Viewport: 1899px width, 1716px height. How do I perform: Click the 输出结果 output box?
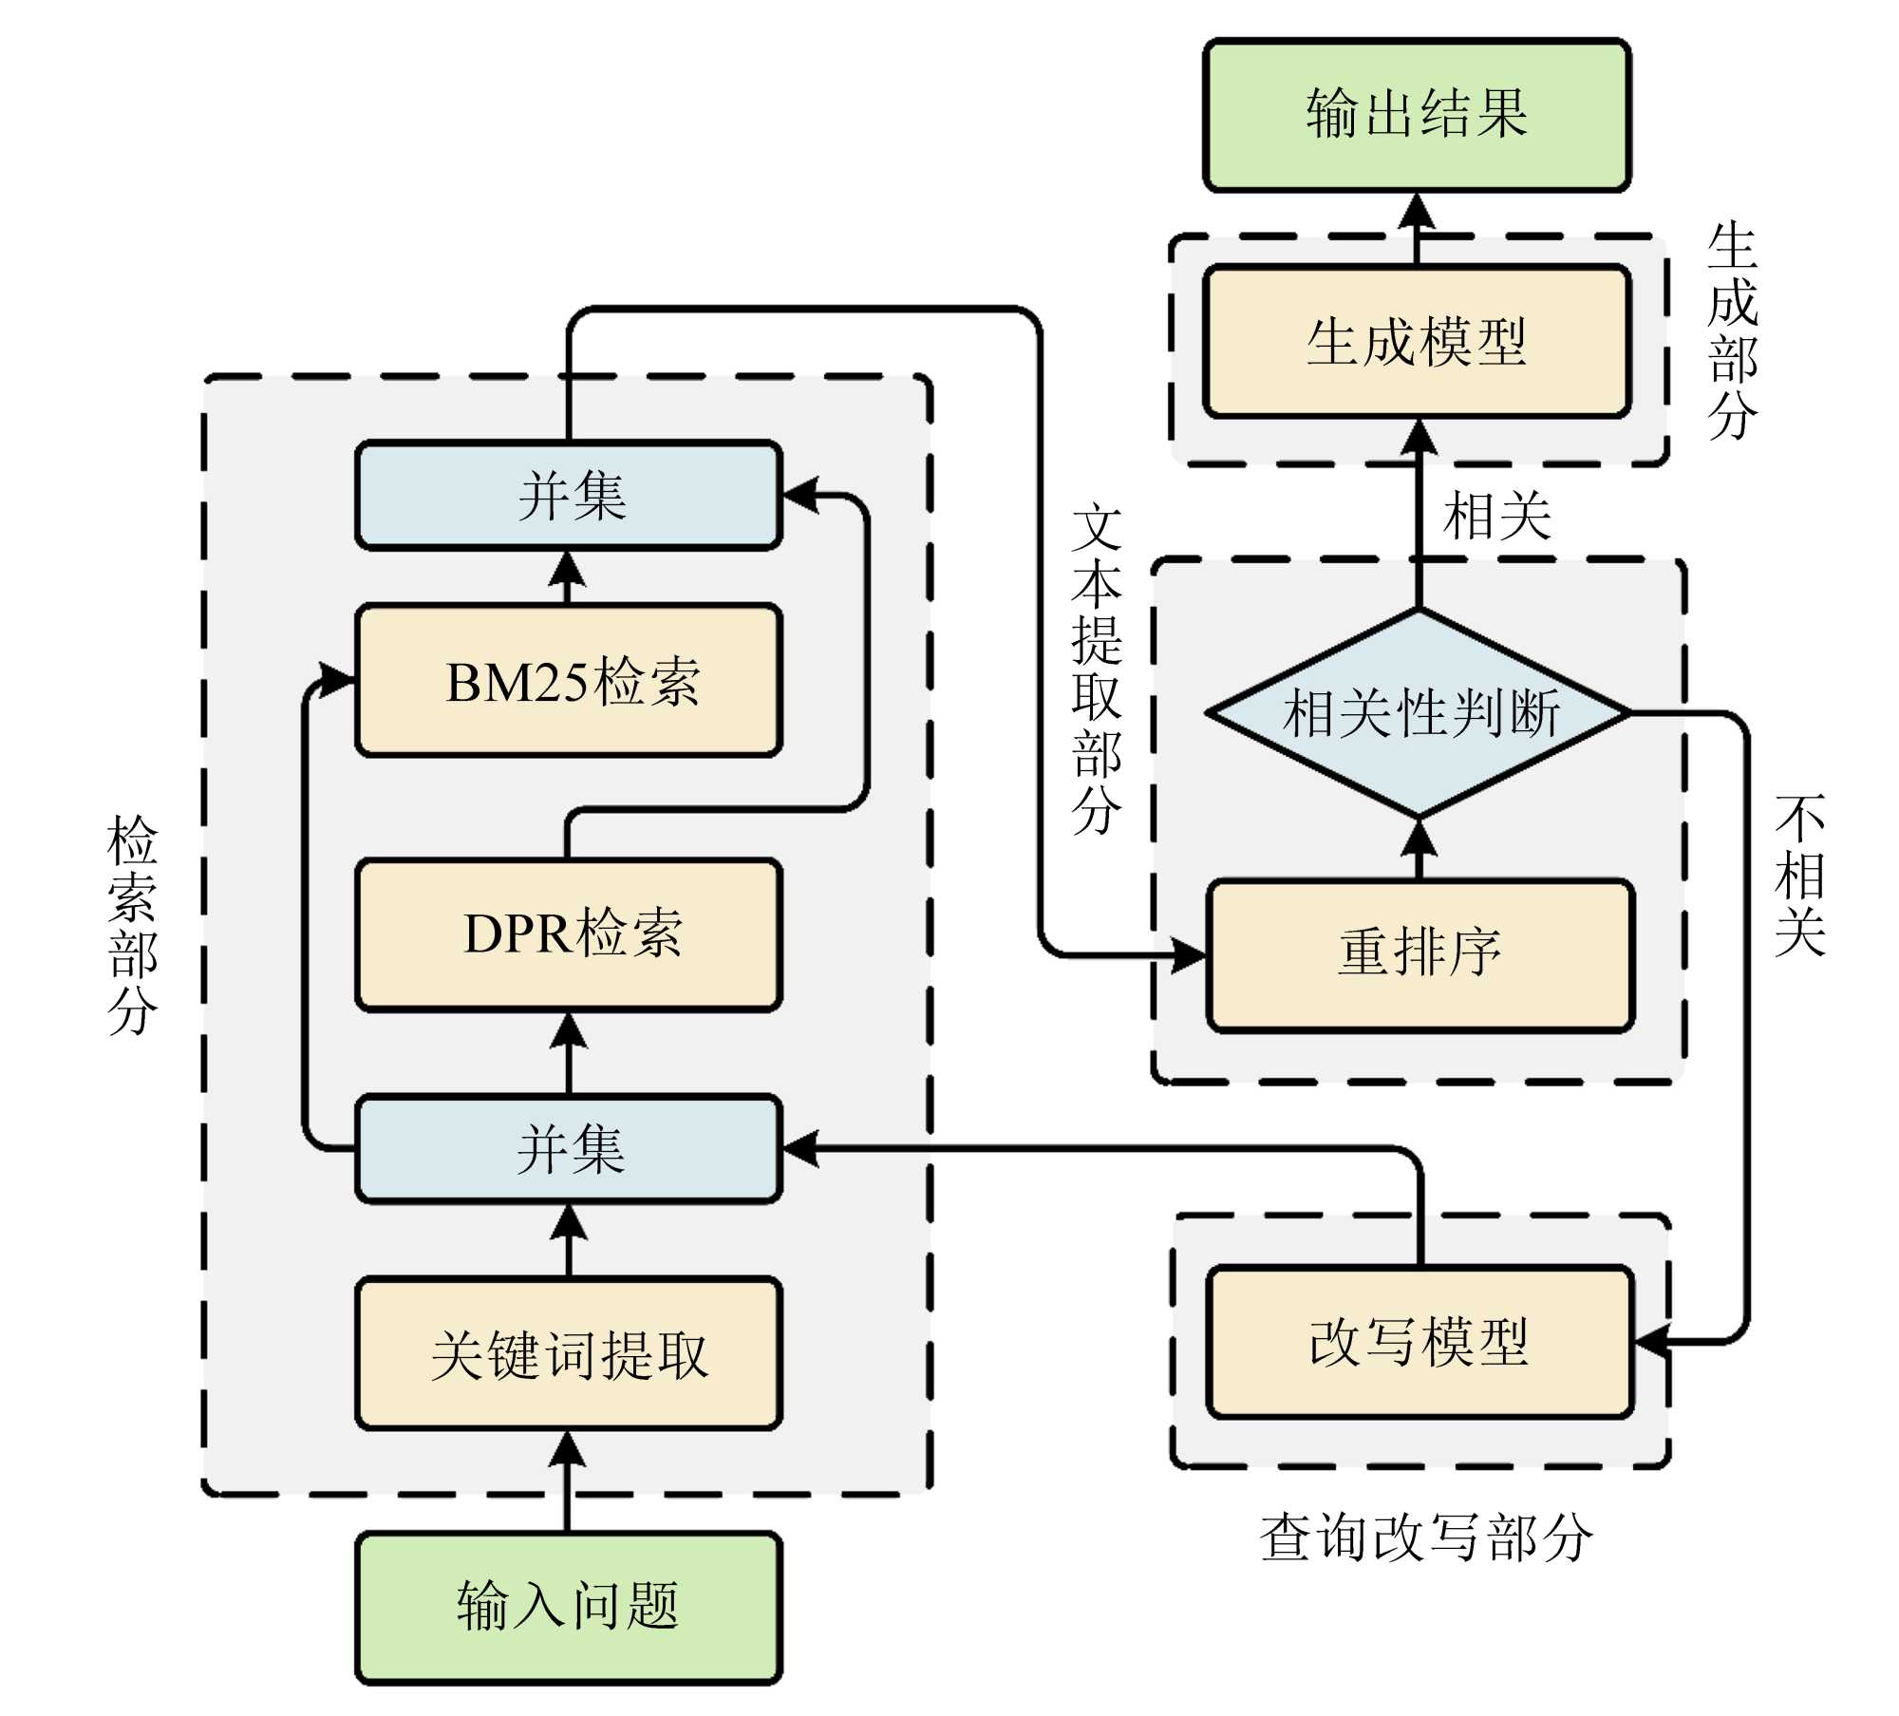coord(1417,115)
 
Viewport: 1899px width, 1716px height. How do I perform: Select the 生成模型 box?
coord(1417,341)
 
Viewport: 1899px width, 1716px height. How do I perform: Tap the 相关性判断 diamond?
coord(1419,712)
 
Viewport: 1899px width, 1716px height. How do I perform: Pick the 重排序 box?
coord(1420,954)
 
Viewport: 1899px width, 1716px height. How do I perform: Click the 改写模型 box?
coord(1419,1342)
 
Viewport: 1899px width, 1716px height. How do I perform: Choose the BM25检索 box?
coord(569,680)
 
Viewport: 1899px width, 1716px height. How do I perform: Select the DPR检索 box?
coord(569,934)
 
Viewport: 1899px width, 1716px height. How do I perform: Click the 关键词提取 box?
coord(569,1352)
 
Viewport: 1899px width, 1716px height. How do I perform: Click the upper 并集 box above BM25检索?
coord(569,495)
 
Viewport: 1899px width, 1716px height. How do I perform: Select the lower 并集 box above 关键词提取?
coord(569,1149)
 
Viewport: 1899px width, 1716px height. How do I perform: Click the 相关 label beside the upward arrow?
coord(1497,518)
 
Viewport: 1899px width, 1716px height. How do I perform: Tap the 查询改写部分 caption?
coord(1425,1537)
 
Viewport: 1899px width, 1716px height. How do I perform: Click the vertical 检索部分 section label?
coord(132,923)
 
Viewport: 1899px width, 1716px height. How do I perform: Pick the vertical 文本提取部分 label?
coord(1097,669)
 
